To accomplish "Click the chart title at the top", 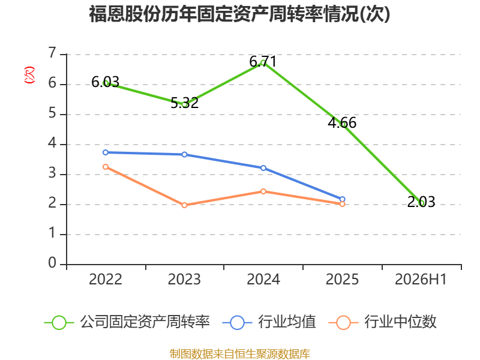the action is pos(239,14).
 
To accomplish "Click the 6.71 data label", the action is pos(263,62).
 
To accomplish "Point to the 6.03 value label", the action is pos(106,82).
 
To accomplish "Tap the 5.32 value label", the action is pos(184,103).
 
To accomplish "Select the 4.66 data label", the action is pos(342,123).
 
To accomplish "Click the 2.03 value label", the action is pos(421,202).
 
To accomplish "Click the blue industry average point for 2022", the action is pos(106,152).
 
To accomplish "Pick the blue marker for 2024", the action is pos(263,168).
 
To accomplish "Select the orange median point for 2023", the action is pos(184,205).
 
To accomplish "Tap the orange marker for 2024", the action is pos(263,191).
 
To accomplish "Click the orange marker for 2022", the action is pos(106,167).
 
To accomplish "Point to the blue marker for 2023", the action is pos(184,155).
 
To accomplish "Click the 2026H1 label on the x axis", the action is pos(421,280).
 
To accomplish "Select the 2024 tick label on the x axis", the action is pos(263,280).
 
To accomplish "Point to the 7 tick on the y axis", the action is pos(52,53).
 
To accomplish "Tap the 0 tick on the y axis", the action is pos(52,263).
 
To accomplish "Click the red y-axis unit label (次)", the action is pos(29,75).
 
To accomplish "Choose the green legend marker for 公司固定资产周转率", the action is pos(59,323).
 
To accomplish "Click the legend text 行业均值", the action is pos(287,322).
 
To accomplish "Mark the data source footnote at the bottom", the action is pos(240,354).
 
